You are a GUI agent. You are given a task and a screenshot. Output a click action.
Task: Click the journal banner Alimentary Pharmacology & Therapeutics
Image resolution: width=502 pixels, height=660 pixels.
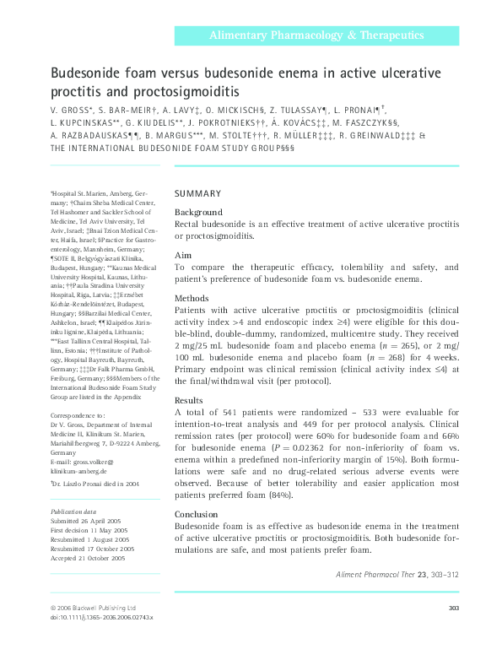316,35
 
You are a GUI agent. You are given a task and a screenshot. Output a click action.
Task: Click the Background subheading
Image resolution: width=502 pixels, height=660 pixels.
198,212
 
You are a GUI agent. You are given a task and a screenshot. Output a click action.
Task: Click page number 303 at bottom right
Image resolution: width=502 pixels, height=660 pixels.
451,608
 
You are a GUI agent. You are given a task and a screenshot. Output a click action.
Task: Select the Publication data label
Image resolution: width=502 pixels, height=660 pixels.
73,511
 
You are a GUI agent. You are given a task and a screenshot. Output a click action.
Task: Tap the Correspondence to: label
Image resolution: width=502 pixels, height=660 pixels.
78,416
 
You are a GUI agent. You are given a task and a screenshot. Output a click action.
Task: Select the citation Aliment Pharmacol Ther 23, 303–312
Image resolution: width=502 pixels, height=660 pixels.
397,575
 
